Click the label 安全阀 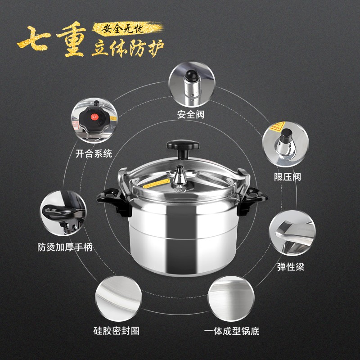click(x=190, y=114)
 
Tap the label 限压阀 click(x=287, y=177)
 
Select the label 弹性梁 click(x=291, y=267)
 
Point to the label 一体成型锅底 click(x=232, y=331)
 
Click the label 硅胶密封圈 click(x=117, y=331)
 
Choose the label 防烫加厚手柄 click(x=65, y=247)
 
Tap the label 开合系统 click(x=94, y=153)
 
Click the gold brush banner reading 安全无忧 click(x=128, y=28)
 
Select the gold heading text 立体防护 click(x=128, y=48)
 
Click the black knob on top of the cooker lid click(x=183, y=148)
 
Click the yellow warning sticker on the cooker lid click(x=156, y=184)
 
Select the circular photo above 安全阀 click(x=192, y=84)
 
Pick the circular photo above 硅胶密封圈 click(x=118, y=298)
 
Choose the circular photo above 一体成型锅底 click(x=231, y=298)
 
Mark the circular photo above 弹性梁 click(x=292, y=233)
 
